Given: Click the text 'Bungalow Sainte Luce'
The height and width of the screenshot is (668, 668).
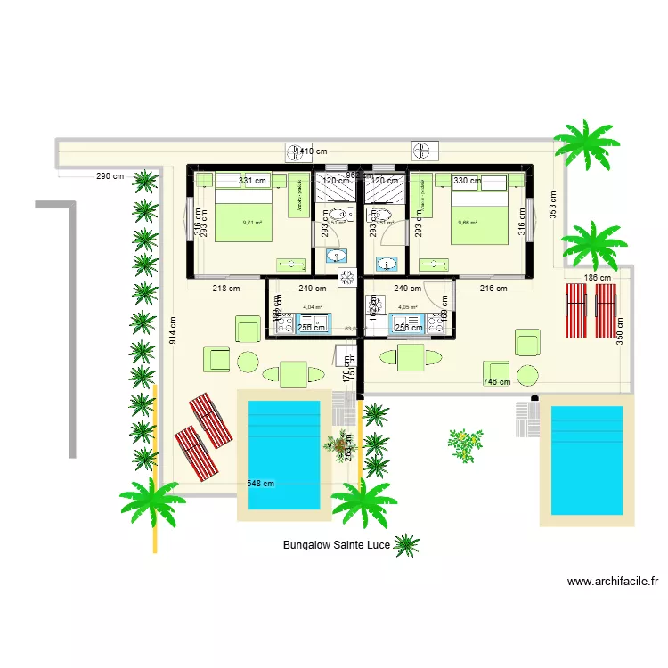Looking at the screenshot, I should coord(336,544).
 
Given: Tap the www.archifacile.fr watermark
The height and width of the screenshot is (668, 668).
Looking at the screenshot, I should coord(612,582).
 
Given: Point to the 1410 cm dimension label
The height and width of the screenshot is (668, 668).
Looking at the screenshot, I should coord(311,152).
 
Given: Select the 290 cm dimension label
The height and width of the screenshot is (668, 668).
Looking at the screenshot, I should coord(110,176).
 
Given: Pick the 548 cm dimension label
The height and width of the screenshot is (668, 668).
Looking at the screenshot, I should coord(260,484).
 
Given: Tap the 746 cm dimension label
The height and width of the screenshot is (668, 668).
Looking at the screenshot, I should coord(496,382).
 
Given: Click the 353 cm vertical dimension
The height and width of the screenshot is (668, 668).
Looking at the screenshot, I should coord(552,205).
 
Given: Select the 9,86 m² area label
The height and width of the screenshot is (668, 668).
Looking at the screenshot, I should coord(467,224).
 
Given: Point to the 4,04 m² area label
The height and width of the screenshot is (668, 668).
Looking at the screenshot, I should coord(312,307).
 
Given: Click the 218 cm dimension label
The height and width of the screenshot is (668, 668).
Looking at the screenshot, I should coord(226,288).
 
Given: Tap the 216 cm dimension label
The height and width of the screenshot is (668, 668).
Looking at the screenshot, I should coord(493,288).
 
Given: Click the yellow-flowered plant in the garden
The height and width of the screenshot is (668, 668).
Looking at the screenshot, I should coord(464,444).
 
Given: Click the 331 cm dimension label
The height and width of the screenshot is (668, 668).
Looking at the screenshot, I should coord(253,181).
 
